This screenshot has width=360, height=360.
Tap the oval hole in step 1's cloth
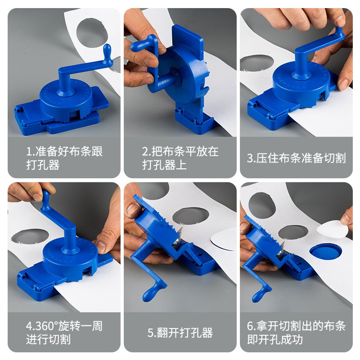[92, 33]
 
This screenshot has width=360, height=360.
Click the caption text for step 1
[64, 158]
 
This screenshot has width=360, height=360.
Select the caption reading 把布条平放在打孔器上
[180, 158]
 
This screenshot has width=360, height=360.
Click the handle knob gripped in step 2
[140, 45]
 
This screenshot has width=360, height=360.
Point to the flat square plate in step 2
[187, 38]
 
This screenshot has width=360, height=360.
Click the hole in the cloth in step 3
[256, 63]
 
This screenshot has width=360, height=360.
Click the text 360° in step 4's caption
[42, 326]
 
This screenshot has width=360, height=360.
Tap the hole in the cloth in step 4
[30, 236]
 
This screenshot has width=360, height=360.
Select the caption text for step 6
[297, 333]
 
